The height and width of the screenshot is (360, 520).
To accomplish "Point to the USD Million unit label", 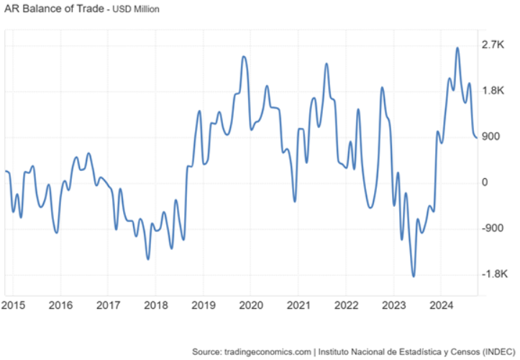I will click(135, 10).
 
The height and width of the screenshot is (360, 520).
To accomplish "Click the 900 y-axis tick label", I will click(491, 137).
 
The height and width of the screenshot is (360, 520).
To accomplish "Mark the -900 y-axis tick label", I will click(493, 229).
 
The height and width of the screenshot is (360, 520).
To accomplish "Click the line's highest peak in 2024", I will click(457, 48).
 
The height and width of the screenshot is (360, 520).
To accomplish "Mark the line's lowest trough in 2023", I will click(414, 276).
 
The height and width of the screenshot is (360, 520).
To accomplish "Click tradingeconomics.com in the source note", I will click(267, 351).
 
